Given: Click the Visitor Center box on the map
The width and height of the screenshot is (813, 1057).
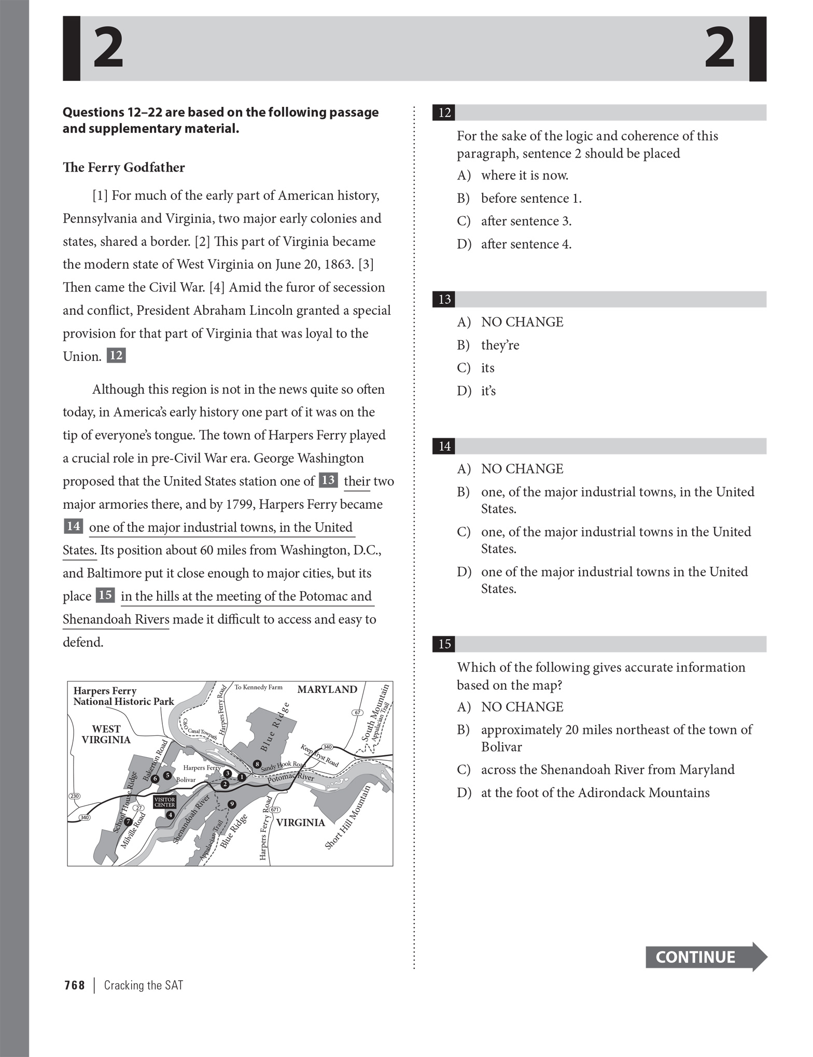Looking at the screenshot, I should tap(164, 802).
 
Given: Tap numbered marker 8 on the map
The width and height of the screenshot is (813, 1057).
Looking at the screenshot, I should tap(257, 764).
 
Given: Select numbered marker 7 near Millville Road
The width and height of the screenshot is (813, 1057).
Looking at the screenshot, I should tap(128, 822).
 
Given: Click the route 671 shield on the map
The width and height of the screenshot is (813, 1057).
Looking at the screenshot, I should tap(274, 810).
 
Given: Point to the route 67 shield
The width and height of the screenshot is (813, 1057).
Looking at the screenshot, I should tap(357, 712).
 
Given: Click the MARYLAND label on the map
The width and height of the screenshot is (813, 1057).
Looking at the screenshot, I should tap(327, 689).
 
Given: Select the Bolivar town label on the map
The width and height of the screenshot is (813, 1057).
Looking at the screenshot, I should tap(186, 780).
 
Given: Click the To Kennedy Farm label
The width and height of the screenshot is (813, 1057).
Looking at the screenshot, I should tap(258, 687).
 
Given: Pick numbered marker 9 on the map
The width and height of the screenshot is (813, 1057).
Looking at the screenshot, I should tap(232, 804).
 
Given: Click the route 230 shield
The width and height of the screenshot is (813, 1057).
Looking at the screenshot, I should tap(75, 796).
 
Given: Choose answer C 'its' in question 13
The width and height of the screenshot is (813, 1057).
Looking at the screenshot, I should tap(487, 368).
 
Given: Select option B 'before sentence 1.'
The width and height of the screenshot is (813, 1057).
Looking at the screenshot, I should tap(531, 198).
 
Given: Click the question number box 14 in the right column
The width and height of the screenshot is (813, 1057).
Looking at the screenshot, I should tap(444, 446).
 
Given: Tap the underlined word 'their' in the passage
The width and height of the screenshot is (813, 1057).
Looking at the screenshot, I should tap(357, 481).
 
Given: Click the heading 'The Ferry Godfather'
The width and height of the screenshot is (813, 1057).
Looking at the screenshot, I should tap(123, 168).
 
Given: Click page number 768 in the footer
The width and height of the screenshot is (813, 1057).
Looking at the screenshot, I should tap(75, 985).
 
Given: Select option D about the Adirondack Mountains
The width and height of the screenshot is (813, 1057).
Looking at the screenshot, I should tap(595, 792).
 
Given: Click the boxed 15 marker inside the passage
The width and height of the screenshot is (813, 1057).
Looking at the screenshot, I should tap(105, 595).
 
